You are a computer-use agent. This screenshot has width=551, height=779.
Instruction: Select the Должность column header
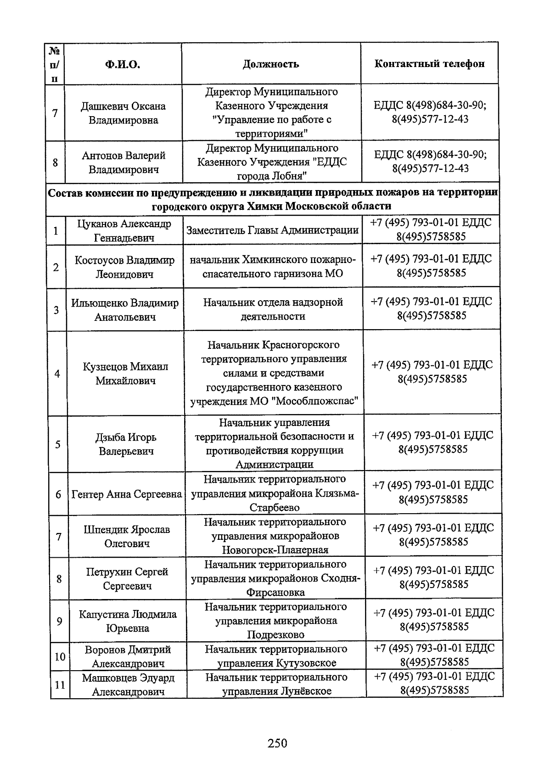[x=271, y=64]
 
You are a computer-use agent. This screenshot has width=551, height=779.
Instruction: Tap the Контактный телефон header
[x=429, y=64]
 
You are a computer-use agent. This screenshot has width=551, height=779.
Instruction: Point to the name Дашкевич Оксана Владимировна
[x=124, y=113]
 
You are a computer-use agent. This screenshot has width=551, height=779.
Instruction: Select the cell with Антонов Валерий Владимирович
[x=124, y=163]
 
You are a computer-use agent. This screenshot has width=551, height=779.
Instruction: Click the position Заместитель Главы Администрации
[x=272, y=230]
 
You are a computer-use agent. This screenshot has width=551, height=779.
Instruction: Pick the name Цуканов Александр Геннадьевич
[x=124, y=230]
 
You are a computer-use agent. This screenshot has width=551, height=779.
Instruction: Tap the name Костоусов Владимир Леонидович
[x=124, y=267]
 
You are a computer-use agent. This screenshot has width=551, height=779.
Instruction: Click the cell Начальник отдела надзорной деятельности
[x=273, y=309]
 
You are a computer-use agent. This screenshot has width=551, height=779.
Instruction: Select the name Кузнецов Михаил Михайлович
[x=125, y=374]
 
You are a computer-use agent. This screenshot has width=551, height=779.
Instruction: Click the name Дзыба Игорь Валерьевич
[x=126, y=444]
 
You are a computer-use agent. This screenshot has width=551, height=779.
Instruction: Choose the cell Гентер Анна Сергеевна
[x=127, y=494]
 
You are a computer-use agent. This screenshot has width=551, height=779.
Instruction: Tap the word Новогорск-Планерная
[x=275, y=550]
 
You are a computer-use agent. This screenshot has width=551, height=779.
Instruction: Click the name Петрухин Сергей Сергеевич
[x=127, y=578]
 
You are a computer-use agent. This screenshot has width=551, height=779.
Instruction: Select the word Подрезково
[x=275, y=635]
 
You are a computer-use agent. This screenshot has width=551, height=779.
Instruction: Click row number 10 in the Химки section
[x=60, y=656]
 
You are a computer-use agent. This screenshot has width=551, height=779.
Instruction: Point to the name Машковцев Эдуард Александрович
[x=128, y=684]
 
